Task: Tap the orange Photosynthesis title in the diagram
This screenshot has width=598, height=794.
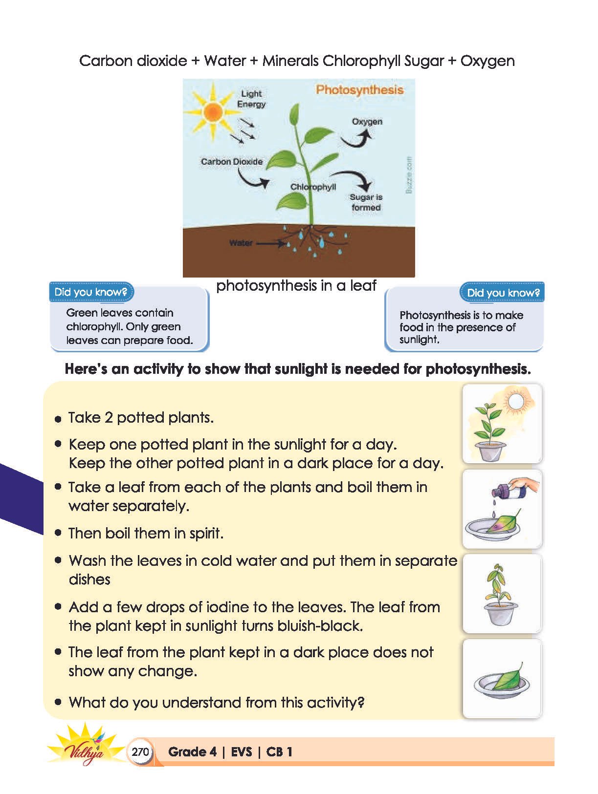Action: click(x=359, y=89)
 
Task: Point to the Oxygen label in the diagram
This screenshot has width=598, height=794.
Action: click(x=367, y=121)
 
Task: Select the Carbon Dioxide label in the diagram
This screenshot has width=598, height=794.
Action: click(x=232, y=161)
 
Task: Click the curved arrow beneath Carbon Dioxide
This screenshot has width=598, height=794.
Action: click(x=252, y=179)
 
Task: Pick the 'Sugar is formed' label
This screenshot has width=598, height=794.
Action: click(x=366, y=202)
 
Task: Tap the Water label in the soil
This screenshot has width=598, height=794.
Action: click(x=241, y=243)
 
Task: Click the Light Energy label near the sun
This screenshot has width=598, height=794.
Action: click(x=251, y=99)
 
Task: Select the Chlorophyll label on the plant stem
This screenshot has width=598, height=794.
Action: click(x=313, y=187)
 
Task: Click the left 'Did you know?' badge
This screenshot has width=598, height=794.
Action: click(x=91, y=292)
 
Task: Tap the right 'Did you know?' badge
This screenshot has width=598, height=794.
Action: click(x=503, y=293)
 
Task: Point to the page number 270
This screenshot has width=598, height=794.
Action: click(x=140, y=751)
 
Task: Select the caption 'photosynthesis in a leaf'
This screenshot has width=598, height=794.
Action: click(x=296, y=285)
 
